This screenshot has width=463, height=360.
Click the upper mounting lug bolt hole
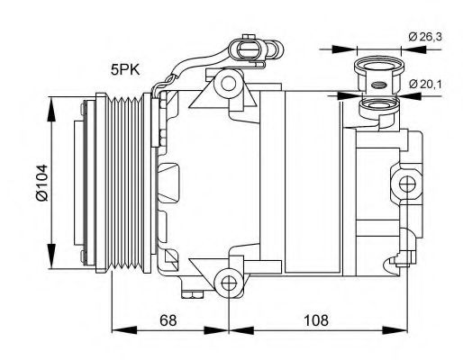(228, 85)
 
